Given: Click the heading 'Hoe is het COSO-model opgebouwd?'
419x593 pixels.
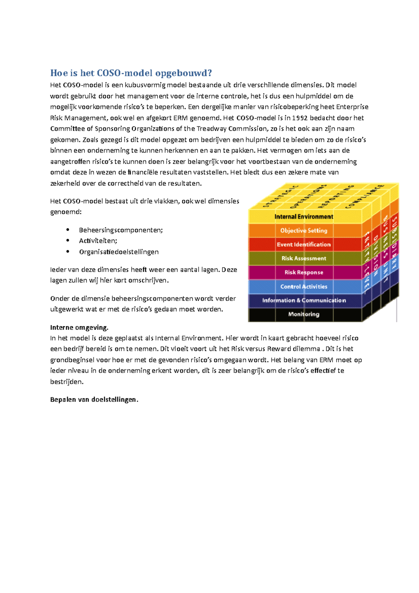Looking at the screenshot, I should (131, 73).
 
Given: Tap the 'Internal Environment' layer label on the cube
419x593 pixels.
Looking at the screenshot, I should (303, 217).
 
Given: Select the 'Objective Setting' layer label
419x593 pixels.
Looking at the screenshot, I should (303, 230).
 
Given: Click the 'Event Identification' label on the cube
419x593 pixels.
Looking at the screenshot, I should (303, 244).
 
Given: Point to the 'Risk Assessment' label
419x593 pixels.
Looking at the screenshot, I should (303, 258).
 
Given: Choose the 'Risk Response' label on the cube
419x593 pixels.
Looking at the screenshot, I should (303, 272).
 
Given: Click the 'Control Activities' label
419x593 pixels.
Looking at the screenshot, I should (303, 286).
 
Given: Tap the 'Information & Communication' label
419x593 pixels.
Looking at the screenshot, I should (304, 300).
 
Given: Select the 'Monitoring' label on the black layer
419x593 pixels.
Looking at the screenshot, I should (303, 314).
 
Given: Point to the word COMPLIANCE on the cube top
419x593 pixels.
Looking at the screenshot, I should (365, 196).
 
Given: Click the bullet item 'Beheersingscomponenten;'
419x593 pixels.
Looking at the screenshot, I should (121, 230).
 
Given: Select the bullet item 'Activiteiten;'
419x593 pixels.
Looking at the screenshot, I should (98, 241).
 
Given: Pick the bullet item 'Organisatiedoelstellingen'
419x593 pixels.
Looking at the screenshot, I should (119, 252).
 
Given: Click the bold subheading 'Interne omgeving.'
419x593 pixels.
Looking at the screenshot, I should (79, 328).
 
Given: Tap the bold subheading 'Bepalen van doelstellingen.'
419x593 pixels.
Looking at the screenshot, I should (94, 400).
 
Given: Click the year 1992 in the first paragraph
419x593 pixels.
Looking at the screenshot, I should (300, 118).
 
